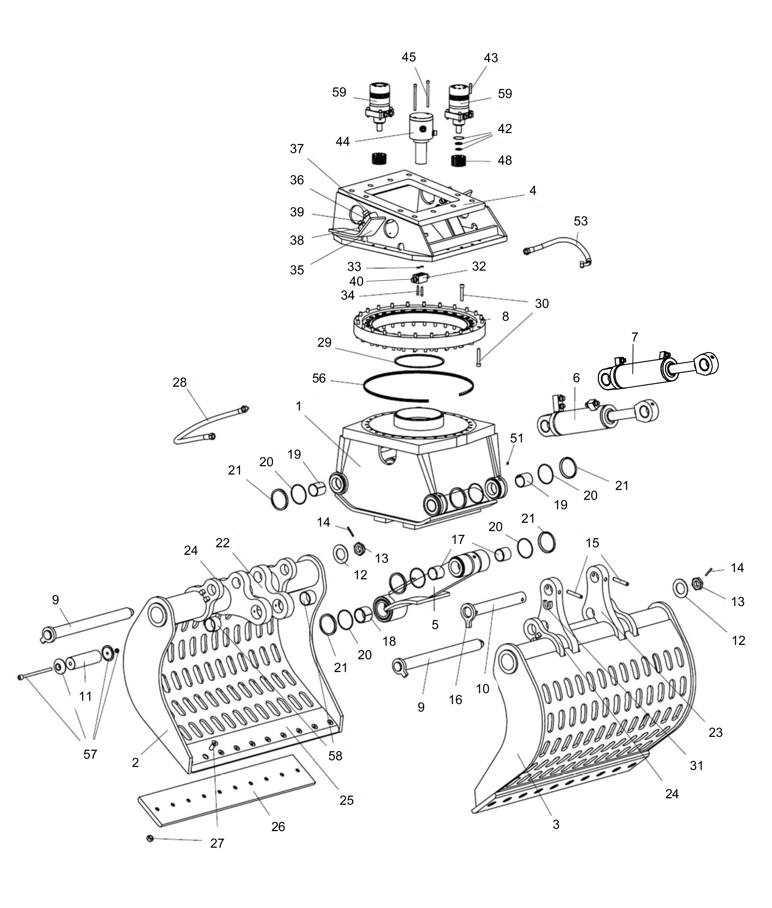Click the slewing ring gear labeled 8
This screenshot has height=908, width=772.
tap(420, 326)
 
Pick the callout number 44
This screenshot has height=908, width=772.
tap(343, 141)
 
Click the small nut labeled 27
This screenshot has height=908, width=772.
tap(150, 838)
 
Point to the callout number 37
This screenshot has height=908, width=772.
tap(297, 149)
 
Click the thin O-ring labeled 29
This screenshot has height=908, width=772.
tap(419, 361)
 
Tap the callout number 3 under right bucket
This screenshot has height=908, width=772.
tap(556, 824)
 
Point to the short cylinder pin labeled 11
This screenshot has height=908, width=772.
tap(84, 661)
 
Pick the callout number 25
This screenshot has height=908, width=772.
tap(347, 800)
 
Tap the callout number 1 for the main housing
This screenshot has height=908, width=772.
tap(299, 406)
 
